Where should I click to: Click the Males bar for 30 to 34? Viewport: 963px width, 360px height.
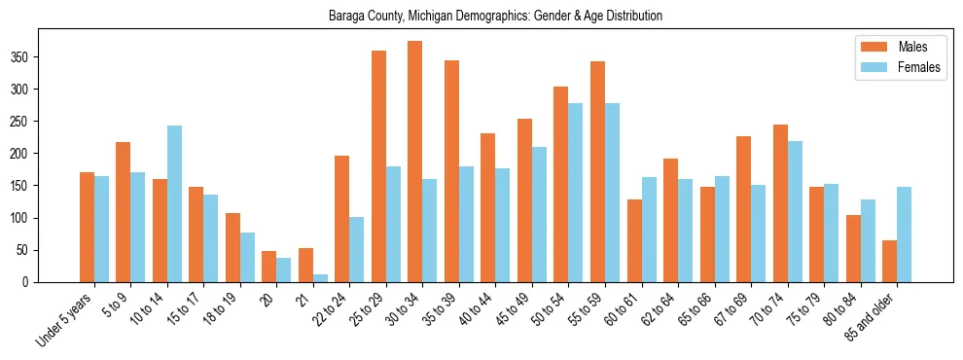point(415,162)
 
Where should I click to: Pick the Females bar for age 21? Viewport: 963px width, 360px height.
point(320,277)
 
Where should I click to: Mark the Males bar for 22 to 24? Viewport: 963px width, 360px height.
point(342,219)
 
